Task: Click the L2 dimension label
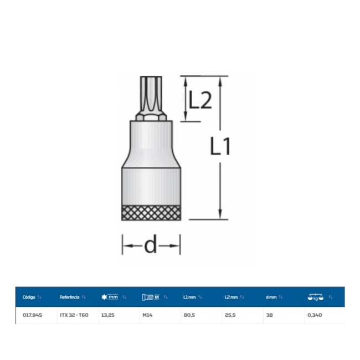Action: pyautogui.click(x=200, y=100)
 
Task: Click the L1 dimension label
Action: pyautogui.click(x=220, y=146)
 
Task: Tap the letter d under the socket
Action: pyautogui.click(x=151, y=244)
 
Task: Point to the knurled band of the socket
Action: pyautogui.click(x=151, y=213)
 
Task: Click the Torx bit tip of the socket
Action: pyautogui.click(x=151, y=96)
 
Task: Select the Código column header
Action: pyautogui.click(x=29, y=297)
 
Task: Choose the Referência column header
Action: pyautogui.click(x=69, y=297)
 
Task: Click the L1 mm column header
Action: pyautogui.click(x=189, y=297)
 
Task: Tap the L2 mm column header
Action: pyautogui.click(x=231, y=297)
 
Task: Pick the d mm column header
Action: pyautogui.click(x=271, y=297)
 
